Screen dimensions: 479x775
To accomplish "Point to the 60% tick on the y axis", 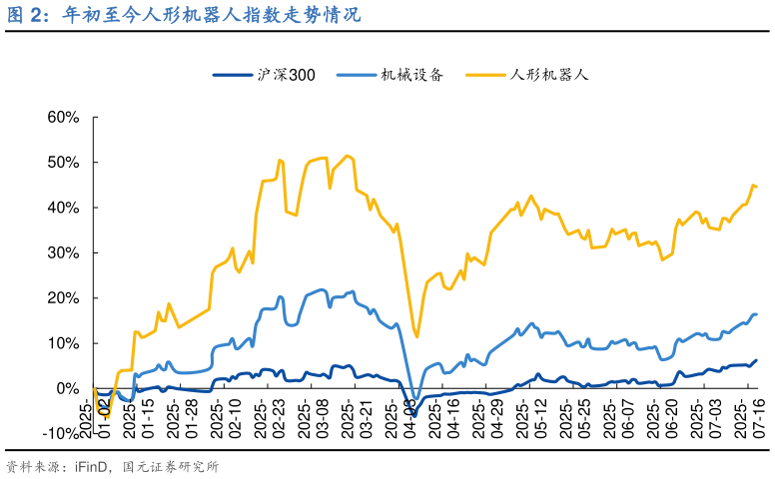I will click(64, 117).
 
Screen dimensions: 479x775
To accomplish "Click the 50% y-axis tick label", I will click(64, 162).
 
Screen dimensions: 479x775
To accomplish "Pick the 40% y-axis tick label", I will click(64, 208).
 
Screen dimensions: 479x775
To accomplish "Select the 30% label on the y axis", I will click(64, 252).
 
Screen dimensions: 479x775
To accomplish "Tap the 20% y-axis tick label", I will click(64, 297).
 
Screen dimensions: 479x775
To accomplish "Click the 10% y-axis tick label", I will click(64, 343).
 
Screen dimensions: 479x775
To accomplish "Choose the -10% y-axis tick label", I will click(62, 433).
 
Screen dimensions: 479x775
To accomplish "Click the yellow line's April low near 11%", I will click(416, 336).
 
